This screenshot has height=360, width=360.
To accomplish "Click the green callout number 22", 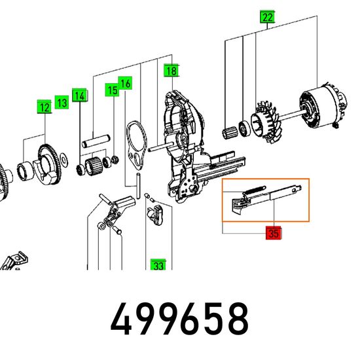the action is (268, 17).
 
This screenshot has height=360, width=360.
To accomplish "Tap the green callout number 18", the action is (171, 71).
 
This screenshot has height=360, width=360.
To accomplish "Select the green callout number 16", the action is (125, 83).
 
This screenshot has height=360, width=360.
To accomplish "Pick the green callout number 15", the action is (113, 90).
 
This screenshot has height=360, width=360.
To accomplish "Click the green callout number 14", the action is (79, 95).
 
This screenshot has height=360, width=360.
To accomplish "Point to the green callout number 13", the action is (62, 102).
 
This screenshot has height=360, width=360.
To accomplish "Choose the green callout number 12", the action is (45, 107).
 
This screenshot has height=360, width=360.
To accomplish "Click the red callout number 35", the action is (274, 233).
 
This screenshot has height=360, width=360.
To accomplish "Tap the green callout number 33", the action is (158, 265).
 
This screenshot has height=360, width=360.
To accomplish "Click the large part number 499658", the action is (179, 319).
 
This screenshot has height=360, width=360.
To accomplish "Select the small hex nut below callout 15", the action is (115, 160).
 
